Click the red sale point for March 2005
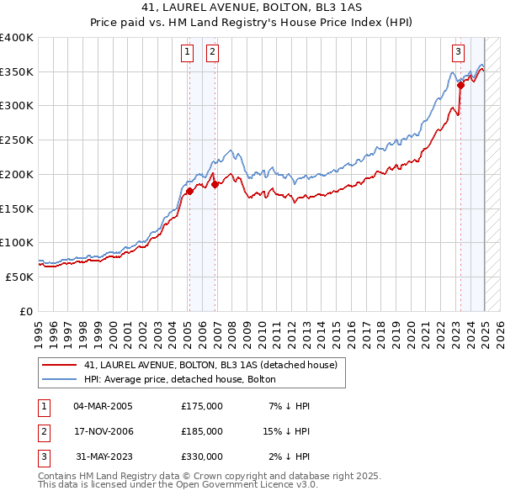(x=189, y=191)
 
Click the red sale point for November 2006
(x=215, y=184)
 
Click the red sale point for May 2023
(x=461, y=84)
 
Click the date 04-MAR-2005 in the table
(x=103, y=406)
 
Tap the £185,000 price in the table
(x=201, y=431)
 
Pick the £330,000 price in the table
(x=201, y=456)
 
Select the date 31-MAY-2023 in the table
(x=103, y=456)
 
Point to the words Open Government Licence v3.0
(x=252, y=485)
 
